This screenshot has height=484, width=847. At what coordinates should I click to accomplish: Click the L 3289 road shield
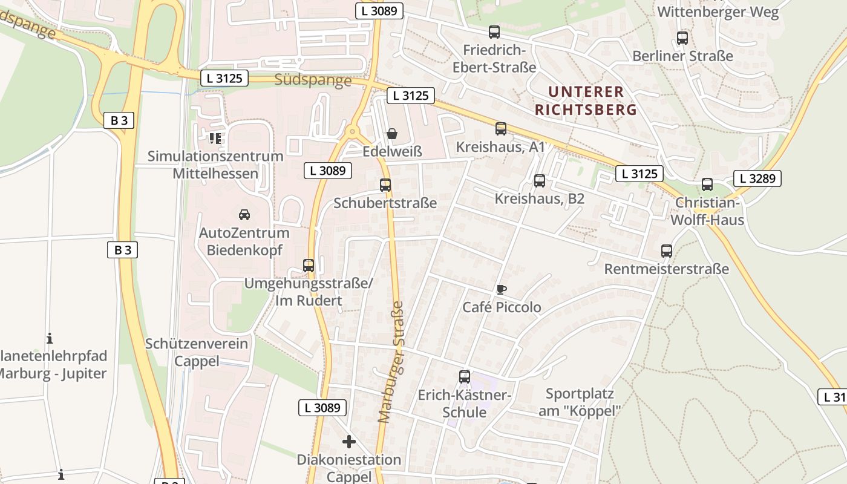coord(757,178)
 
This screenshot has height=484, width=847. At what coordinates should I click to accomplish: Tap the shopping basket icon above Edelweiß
coord(392,133)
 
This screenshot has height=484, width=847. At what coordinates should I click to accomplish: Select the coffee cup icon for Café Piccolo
coord(501,289)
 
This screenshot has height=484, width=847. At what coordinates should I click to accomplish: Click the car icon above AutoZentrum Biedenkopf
coord(244,214)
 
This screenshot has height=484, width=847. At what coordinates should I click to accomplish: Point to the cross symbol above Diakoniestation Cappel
coord(349,441)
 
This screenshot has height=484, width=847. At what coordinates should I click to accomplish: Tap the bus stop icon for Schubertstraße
coord(385,185)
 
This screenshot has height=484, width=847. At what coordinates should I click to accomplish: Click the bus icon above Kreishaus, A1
coord(501,129)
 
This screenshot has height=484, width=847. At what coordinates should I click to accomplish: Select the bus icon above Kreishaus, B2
coord(540,181)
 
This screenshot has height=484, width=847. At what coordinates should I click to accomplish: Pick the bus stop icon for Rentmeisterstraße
coord(667,251)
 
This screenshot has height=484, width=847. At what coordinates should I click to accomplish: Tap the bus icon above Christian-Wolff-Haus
coord(707,185)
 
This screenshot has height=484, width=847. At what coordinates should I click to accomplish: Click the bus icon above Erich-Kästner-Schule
coord(465,377)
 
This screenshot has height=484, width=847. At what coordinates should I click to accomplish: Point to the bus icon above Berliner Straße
coord(682,38)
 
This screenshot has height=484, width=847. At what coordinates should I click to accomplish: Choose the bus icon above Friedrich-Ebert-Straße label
coord(494,32)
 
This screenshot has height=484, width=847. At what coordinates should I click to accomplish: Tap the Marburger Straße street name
coord(391,362)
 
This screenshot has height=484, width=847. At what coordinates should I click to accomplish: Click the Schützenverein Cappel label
coord(197,352)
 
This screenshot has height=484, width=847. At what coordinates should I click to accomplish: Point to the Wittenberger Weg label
coord(718,11)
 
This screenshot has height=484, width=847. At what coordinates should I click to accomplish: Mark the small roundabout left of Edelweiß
coord(352,132)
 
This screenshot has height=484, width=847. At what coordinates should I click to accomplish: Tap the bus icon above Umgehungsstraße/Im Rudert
coord(309,265)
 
